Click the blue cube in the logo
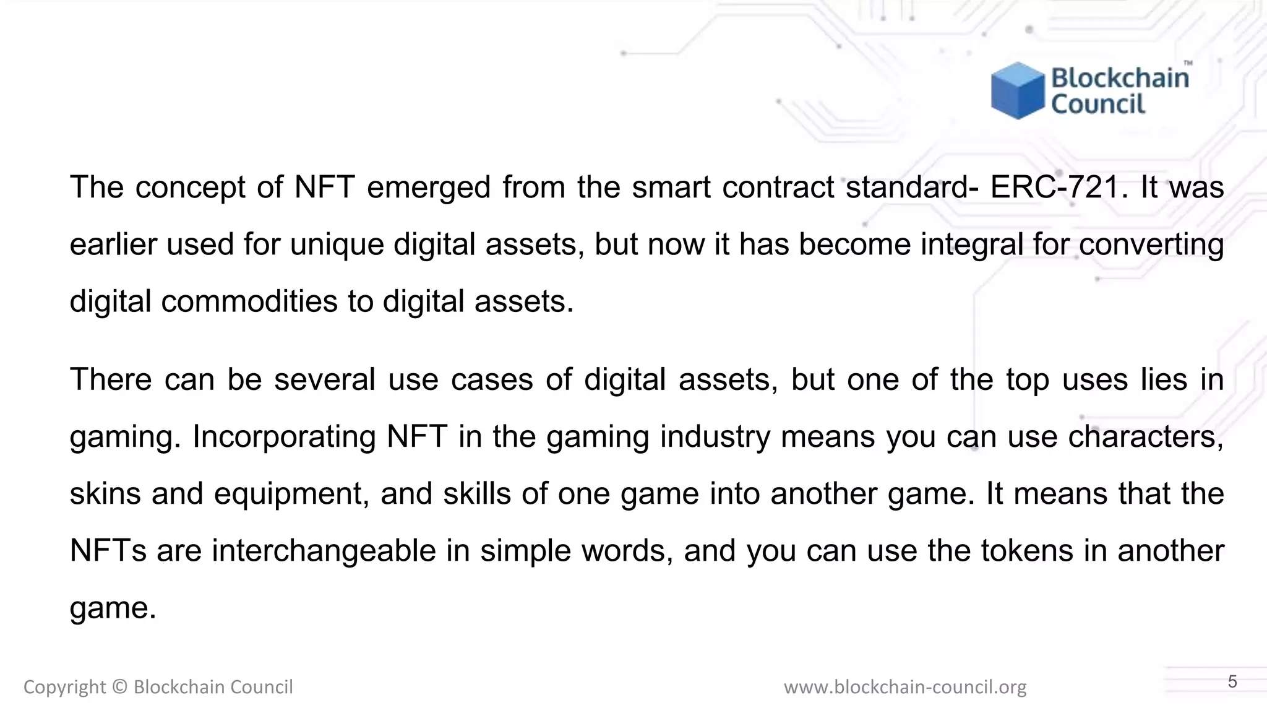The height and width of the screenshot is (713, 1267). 1017,90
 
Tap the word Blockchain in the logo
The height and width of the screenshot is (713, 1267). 1120,79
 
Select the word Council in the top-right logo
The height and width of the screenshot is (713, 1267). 1098,104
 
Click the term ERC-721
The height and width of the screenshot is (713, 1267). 1055,187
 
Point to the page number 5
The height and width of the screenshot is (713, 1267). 1232,682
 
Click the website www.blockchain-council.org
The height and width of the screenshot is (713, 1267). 905,687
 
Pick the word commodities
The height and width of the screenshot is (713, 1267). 249,302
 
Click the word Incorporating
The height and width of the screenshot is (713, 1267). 285,437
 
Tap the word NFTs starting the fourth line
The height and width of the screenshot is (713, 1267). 108,551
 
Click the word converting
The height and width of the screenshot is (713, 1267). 1151,245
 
